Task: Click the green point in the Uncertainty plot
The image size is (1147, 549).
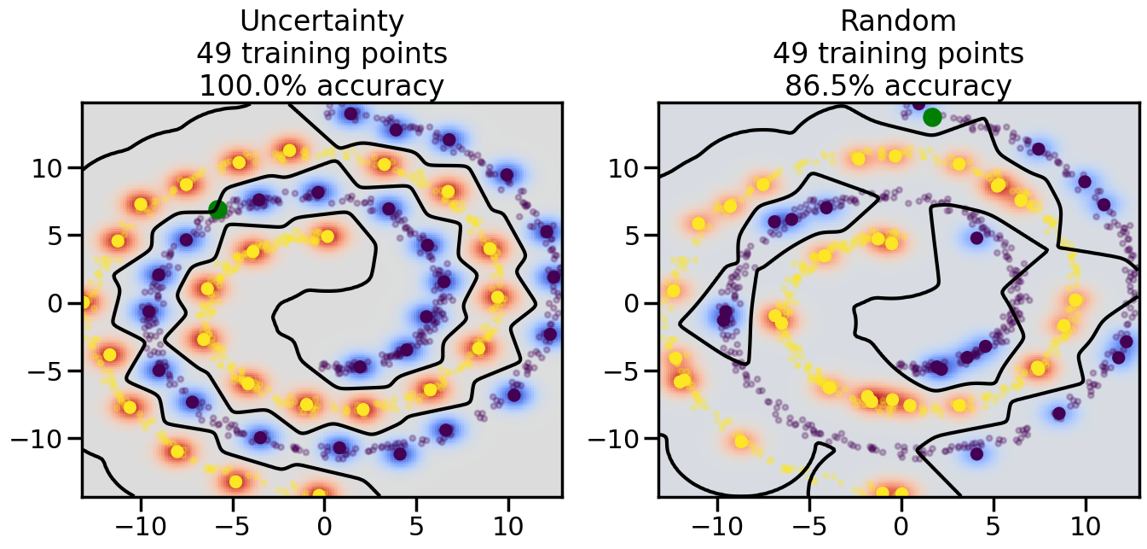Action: [217, 209]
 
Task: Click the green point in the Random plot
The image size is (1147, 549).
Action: [932, 117]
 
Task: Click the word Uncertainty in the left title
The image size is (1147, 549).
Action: [322, 20]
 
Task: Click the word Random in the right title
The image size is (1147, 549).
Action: [898, 20]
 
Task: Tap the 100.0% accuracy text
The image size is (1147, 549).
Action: [322, 86]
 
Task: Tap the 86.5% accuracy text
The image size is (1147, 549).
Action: [898, 86]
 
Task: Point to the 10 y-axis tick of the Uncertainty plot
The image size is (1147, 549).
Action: [52, 167]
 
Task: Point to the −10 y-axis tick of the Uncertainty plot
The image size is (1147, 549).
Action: [43, 439]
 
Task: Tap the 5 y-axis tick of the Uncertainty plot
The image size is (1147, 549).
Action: [61, 235]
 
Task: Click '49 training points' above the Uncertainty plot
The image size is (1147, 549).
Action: [322, 54]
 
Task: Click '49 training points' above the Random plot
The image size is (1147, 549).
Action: [898, 54]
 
